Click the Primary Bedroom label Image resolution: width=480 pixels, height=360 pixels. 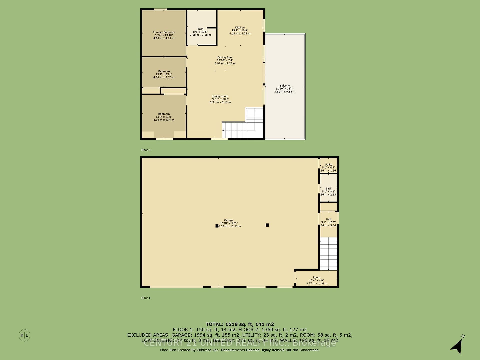coord(164,32)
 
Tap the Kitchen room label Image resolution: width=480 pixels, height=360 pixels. coord(240,28)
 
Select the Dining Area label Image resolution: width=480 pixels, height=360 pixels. coord(225,58)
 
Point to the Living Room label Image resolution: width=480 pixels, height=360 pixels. coord(220,96)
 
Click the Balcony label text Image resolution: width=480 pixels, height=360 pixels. coord(285,86)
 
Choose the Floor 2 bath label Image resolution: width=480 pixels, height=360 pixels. coord(200,29)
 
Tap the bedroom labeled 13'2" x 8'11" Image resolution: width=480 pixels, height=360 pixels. coord(164,72)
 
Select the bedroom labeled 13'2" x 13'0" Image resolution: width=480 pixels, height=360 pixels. coord(164,114)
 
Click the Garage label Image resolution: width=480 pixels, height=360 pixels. coord(228,220)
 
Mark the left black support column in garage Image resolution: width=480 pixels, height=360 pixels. coord(217,226)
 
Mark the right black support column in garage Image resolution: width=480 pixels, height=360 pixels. coord(267,225)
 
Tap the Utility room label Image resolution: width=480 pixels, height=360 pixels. coord(328,165)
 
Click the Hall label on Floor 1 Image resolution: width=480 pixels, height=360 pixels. coord(328,219)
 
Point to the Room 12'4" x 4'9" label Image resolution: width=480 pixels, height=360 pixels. coord(316,278)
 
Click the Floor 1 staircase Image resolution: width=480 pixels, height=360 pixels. coord(329,254)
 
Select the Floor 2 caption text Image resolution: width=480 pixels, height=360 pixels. coord(146,150)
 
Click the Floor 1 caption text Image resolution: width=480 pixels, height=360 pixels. coord(146,298)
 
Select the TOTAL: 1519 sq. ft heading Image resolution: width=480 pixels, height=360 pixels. coord(240,324)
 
